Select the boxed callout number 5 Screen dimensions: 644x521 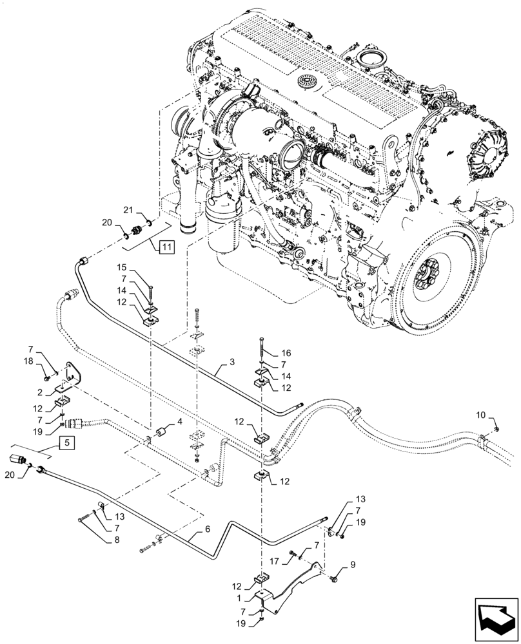tap(64, 442)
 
